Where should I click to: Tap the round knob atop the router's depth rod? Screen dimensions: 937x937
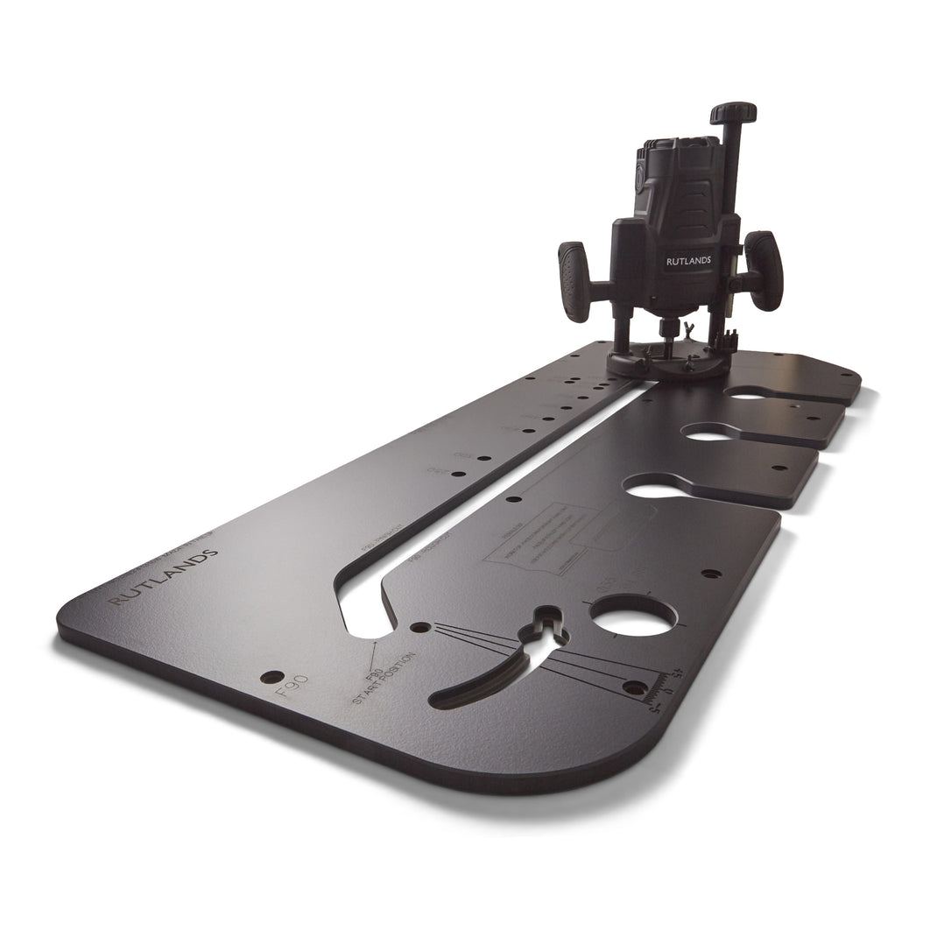[x=733, y=113]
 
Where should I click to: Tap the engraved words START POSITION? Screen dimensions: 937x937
[x=382, y=676]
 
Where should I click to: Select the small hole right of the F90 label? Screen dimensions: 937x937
[x=272, y=677]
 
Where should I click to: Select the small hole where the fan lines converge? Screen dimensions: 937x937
[x=421, y=628]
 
